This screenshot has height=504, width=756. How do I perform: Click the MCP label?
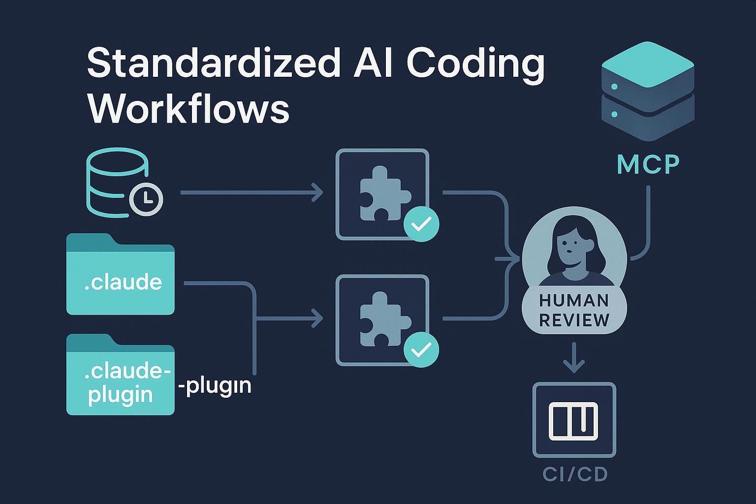pyautogui.click(x=648, y=165)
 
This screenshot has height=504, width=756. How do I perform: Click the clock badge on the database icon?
pyautogui.click(x=146, y=198)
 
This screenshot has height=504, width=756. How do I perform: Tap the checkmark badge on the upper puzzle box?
pyautogui.click(x=421, y=224)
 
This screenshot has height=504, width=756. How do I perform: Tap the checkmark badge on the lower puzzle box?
pyautogui.click(x=421, y=349)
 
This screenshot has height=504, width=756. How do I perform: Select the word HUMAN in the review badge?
pyautogui.click(x=574, y=300)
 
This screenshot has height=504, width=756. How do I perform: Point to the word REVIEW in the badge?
pyautogui.click(x=574, y=320)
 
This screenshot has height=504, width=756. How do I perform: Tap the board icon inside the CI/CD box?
pyautogui.click(x=574, y=421)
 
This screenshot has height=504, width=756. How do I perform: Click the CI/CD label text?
pyautogui.click(x=575, y=474)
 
